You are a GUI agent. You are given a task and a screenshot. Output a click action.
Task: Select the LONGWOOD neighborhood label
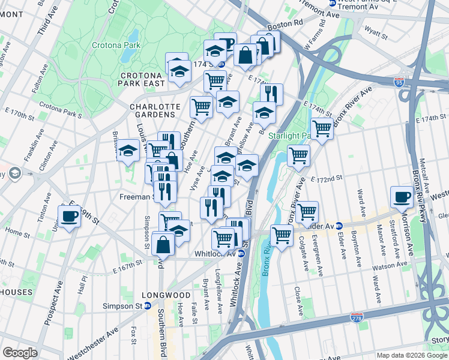tap(166, 295)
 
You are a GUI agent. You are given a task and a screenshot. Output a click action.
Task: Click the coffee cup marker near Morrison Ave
tap(402, 197)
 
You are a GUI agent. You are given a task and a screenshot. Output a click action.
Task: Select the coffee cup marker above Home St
tap(69, 216)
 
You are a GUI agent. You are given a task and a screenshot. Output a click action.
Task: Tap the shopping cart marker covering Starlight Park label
tap(321, 128)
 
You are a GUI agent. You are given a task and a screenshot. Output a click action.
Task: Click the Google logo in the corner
tap(20, 353)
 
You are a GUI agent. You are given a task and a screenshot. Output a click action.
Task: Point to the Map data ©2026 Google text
tap(411, 355)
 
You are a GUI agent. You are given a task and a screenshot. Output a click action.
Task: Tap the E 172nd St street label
tap(327, 178)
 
